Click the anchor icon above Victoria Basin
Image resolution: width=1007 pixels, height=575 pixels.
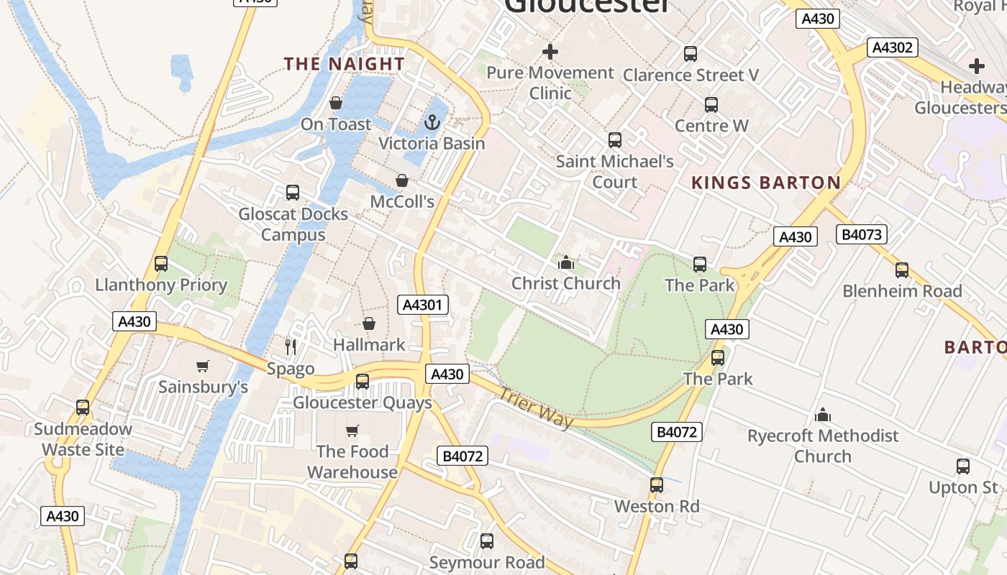(432, 123)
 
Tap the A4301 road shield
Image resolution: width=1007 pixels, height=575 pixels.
(423, 305)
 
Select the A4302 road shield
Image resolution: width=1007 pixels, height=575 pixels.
(893, 47)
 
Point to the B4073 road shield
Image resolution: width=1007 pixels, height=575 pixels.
(862, 234)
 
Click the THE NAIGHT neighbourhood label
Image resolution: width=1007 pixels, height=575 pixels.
(344, 64)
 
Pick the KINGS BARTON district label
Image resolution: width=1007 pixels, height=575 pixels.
(766, 183)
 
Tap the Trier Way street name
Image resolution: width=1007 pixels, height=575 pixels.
(537, 408)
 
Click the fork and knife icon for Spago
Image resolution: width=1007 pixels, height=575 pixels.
(291, 347)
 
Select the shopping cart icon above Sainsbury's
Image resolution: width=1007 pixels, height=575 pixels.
(203, 367)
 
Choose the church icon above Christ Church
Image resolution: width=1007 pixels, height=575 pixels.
(566, 262)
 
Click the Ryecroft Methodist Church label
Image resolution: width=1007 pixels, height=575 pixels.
(823, 446)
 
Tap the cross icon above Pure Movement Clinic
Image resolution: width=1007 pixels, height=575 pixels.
(550, 52)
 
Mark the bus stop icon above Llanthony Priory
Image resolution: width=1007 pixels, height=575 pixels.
(161, 264)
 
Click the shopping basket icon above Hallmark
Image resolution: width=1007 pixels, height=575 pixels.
(369, 324)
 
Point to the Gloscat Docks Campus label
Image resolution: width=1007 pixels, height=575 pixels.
(293, 224)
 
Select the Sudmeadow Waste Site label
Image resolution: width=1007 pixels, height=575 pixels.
(83, 439)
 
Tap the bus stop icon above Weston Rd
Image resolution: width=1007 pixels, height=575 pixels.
(657, 485)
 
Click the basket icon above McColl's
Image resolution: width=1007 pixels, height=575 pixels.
(402, 180)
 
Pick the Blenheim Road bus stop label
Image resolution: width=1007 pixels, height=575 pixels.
(902, 291)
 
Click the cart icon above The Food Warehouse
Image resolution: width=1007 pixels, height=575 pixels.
(352, 431)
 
